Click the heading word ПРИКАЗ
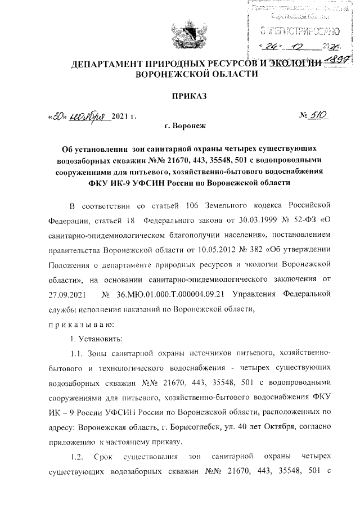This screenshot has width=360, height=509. click(x=190, y=96)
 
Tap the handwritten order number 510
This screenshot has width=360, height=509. click(x=318, y=116)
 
